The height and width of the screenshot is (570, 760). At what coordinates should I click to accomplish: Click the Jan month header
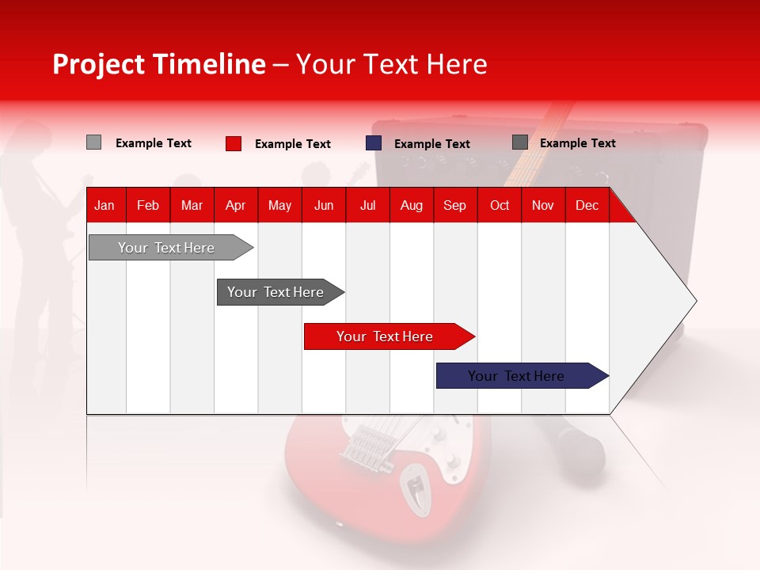pyautogui.click(x=104, y=205)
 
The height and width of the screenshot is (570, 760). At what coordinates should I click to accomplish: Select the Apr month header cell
pyautogui.click(x=235, y=205)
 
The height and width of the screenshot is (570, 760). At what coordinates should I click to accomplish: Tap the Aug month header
pyautogui.click(x=411, y=205)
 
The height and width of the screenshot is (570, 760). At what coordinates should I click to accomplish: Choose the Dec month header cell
pyautogui.click(x=587, y=205)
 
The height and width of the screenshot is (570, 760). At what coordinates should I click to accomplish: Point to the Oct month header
pyautogui.click(x=499, y=205)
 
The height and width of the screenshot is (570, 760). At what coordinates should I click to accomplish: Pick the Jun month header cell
pyautogui.click(x=323, y=205)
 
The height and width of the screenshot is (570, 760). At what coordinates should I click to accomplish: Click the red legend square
pyautogui.click(x=234, y=143)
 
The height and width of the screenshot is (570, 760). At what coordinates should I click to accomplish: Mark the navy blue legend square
pyautogui.click(x=374, y=143)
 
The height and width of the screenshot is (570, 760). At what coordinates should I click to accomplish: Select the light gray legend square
pyautogui.click(x=93, y=142)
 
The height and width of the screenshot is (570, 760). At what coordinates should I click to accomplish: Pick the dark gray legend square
pyautogui.click(x=520, y=142)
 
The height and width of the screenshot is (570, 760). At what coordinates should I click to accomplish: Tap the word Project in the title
pyautogui.click(x=99, y=64)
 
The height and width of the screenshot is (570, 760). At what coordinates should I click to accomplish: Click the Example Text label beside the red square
pyautogui.click(x=292, y=144)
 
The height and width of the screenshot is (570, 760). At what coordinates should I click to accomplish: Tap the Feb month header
pyautogui.click(x=148, y=205)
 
